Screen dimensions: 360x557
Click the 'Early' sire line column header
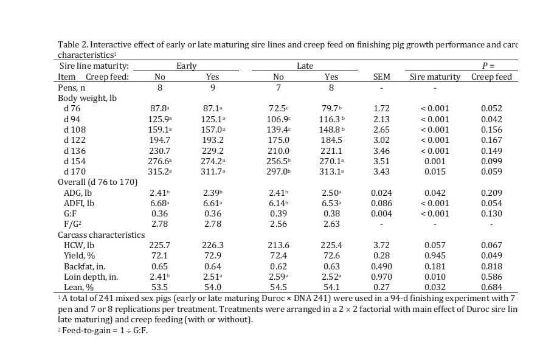point(186,66)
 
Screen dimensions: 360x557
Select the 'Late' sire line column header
point(305,66)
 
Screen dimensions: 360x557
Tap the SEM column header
point(381,77)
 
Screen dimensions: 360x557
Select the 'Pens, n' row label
point(73,88)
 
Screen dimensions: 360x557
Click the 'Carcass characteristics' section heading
point(101,235)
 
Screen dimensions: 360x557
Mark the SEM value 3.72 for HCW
point(381,245)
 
